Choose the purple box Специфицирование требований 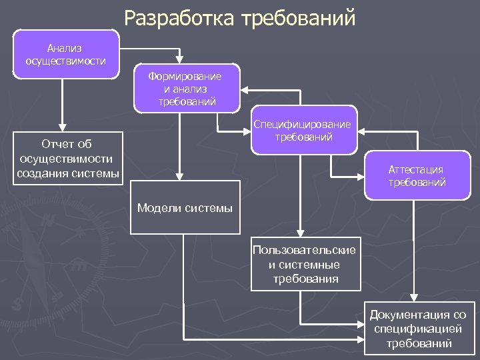tap(304, 131)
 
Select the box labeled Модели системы tap(185, 207)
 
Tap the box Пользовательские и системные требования tap(304, 264)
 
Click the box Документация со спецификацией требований tap(418, 329)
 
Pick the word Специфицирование tap(304, 125)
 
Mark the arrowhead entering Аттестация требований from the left tap(361, 177)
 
